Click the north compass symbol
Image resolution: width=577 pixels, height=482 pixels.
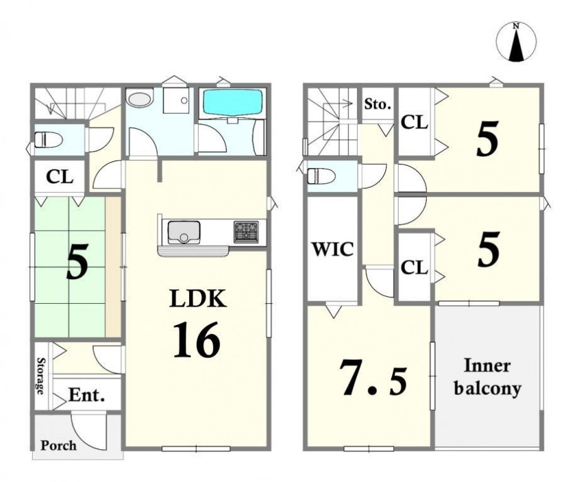pos(516,42)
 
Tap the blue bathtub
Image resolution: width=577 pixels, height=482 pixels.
pos(233,103)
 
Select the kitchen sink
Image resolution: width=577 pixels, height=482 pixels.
pos(184,232)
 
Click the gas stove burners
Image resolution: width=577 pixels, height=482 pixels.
pos(246,232)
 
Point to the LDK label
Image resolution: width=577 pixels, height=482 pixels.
pos(197,298)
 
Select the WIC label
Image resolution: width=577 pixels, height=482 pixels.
pos(333,250)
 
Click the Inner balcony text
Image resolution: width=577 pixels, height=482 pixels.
pos(487,377)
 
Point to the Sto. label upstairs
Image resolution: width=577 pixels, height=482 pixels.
pos(378,105)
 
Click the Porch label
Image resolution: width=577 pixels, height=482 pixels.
pos(59,445)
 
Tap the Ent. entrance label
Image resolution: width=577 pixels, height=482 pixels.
pos(87,395)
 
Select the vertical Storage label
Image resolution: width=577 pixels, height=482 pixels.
pos(41,376)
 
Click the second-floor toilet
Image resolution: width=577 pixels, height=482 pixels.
pos(321,176)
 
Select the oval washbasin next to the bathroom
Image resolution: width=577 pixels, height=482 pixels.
pos(139,99)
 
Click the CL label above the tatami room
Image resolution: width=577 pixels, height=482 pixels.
pos(60,177)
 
